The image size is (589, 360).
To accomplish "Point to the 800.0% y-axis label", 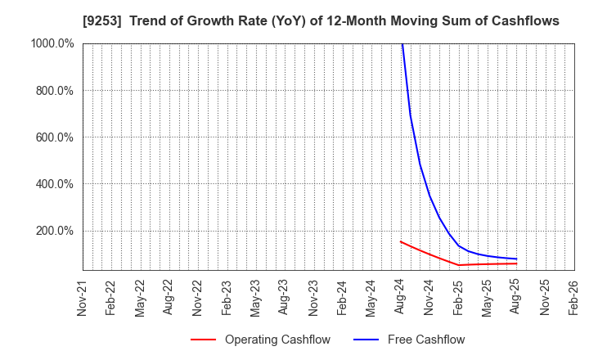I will pos(54,90).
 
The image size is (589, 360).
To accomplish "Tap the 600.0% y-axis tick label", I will pos(54,137).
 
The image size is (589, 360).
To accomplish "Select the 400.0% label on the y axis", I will pos(54,183).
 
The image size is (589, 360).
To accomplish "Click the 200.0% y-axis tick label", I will pos(54,230).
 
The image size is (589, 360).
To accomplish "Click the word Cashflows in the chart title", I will pos(527,20).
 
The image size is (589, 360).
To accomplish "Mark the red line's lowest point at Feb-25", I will pos(458,265).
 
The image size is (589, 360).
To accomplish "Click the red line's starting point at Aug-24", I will pos(400,241).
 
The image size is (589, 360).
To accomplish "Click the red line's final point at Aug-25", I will pos(516,263).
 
